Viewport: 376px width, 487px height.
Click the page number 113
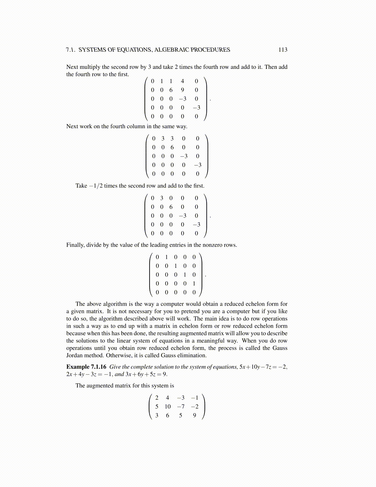(283, 50)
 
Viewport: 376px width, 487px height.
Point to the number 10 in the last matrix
(167, 406)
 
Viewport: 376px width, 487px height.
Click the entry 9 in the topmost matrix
(182, 90)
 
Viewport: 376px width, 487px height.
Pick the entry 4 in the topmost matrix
(182, 81)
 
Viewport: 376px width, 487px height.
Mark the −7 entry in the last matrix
(181, 406)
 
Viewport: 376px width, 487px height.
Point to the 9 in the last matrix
(194, 415)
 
